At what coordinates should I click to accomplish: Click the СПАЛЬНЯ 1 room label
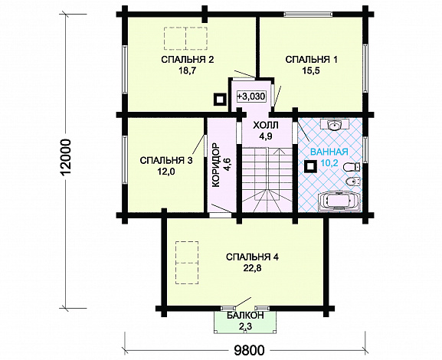click(311, 60)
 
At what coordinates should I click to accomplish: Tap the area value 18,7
click(187, 70)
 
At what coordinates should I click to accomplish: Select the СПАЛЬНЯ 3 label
click(166, 161)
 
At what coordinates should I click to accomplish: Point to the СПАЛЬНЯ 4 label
click(252, 257)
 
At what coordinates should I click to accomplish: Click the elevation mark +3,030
click(251, 97)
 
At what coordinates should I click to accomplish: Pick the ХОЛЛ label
click(266, 125)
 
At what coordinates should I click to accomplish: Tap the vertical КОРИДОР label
click(215, 165)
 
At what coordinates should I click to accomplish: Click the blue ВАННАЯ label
click(329, 152)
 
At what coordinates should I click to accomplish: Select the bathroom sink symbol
click(335, 125)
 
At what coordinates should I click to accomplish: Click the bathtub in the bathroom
click(339, 201)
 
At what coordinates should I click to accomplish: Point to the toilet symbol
click(352, 167)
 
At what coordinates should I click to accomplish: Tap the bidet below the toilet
click(352, 182)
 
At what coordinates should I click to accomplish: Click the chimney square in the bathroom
click(311, 166)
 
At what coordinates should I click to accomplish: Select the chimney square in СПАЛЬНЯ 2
click(219, 100)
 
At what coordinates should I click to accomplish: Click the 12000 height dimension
click(66, 157)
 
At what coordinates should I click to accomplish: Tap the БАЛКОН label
click(245, 315)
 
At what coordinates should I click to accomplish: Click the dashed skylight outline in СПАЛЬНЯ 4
click(187, 263)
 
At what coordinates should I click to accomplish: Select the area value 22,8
click(252, 268)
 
